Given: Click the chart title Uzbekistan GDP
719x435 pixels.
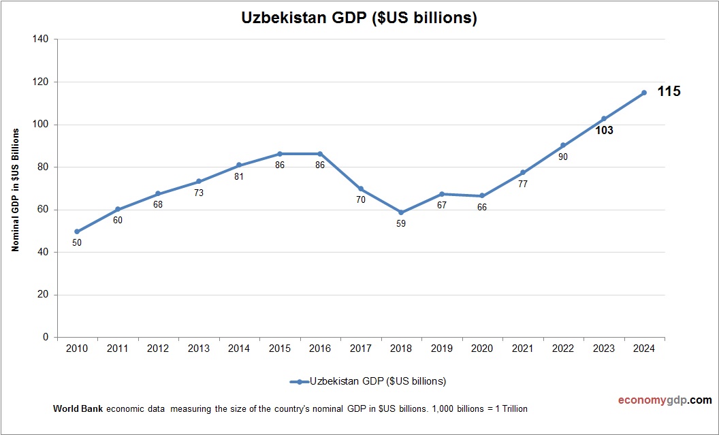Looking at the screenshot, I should point(359,18).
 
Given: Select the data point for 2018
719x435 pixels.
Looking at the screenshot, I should point(401,212).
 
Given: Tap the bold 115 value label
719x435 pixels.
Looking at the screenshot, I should point(669,91).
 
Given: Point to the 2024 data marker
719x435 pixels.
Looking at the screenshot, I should point(643,93).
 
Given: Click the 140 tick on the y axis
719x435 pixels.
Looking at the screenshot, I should point(40,39).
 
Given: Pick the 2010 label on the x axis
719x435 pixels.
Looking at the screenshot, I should point(78,349).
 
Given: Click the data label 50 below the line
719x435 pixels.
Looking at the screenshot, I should point(77,242).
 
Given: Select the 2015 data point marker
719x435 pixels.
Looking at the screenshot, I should point(280,154).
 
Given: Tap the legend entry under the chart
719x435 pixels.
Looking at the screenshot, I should point(368,381).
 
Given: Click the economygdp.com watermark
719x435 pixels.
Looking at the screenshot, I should point(655,400).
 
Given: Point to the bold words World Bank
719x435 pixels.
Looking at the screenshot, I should point(75,409).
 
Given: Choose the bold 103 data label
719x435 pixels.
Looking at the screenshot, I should point(603,131).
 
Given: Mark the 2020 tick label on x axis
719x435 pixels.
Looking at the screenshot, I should point(482,349).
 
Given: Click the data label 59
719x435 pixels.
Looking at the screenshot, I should point(401,223).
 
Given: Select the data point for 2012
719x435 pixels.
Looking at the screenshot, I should point(158,193).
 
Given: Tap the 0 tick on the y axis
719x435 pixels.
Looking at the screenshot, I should point(46,338).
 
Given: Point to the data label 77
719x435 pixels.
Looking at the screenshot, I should point(523,184).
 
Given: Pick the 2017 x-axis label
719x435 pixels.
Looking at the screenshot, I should point(361,349).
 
